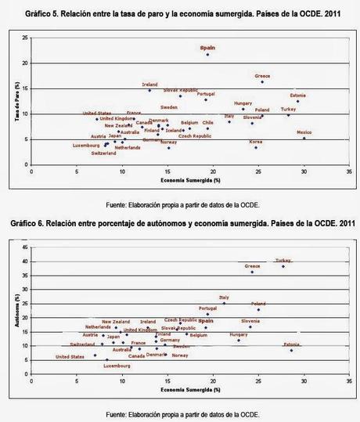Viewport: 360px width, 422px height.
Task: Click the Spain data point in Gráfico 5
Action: click(x=207, y=55)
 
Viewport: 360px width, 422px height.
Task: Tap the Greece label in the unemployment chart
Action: click(x=262, y=76)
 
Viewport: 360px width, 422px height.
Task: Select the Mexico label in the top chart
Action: click(x=304, y=132)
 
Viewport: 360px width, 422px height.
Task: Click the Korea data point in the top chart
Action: click(x=255, y=147)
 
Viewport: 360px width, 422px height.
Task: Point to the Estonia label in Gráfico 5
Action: click(x=298, y=96)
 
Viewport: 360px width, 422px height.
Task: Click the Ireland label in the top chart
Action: click(x=149, y=84)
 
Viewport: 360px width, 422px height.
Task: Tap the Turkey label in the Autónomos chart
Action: click(x=283, y=260)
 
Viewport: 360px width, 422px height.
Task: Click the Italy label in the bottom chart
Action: click(x=224, y=298)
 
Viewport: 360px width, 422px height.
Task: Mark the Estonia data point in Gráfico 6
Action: click(x=291, y=350)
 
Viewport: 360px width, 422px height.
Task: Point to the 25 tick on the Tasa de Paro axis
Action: click(x=26, y=38)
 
